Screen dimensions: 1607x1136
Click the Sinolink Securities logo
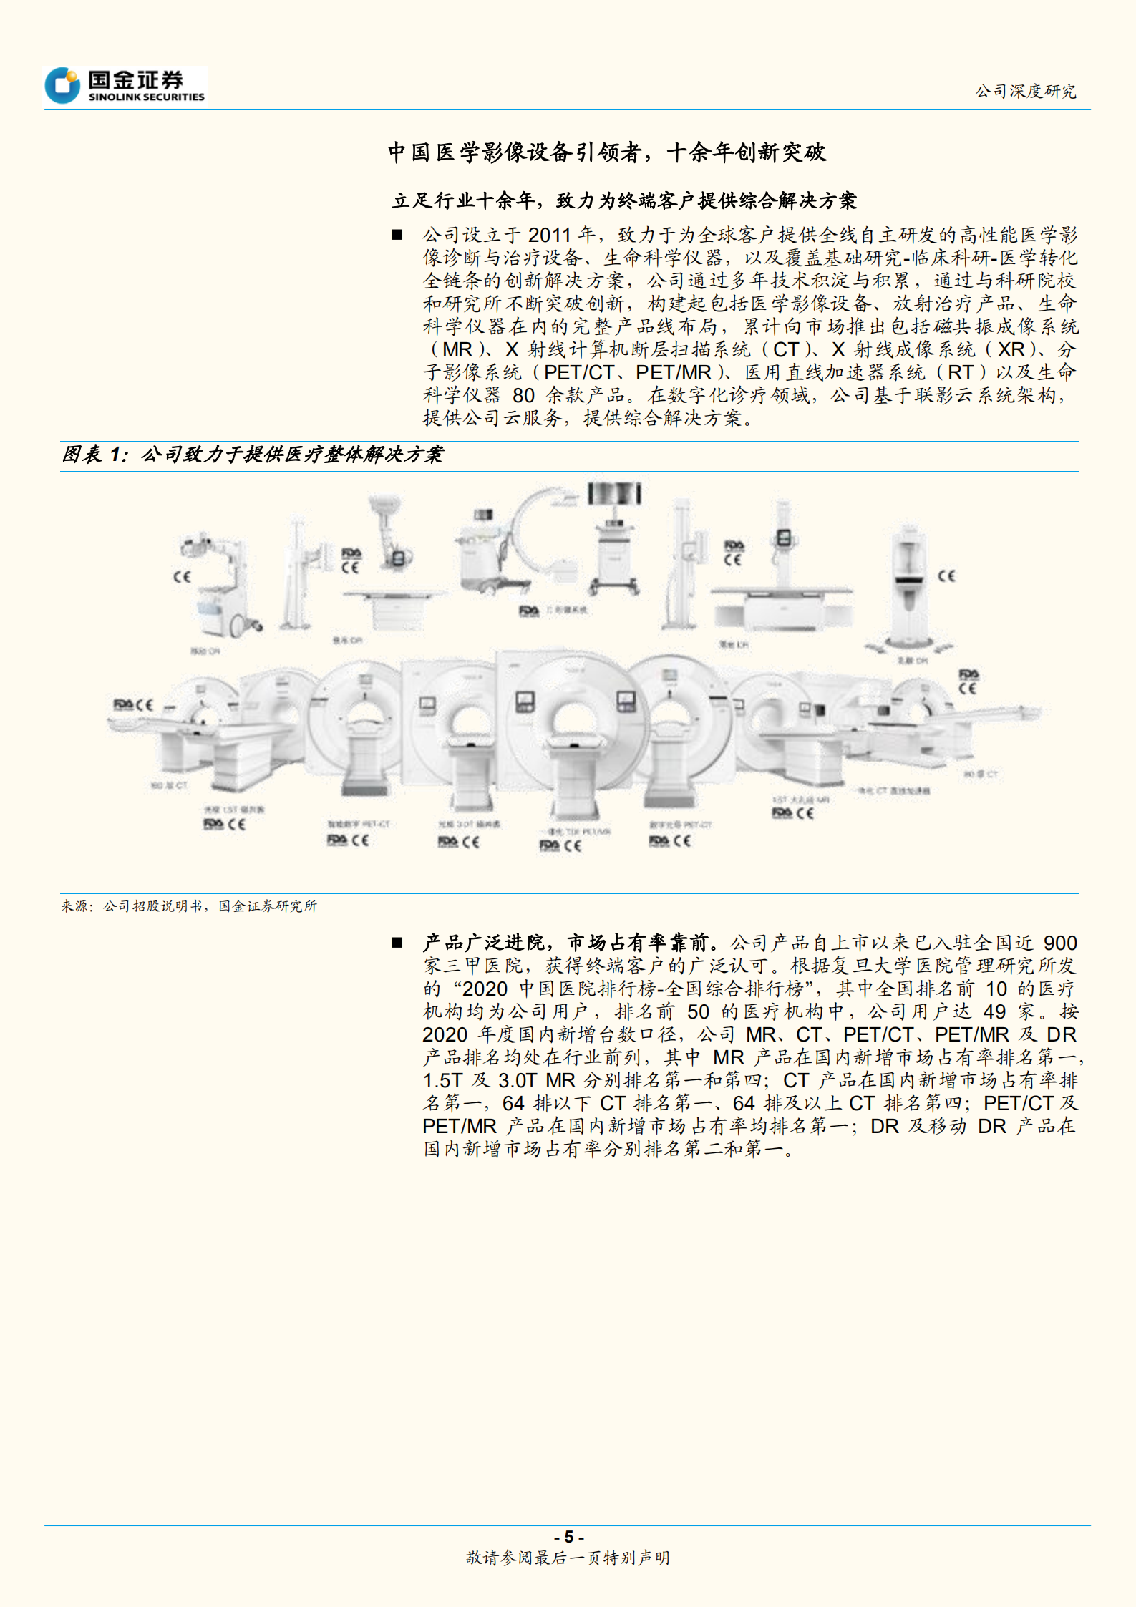click(x=125, y=85)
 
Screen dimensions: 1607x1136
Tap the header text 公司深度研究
click(x=1025, y=91)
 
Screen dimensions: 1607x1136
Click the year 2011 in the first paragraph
click(x=549, y=235)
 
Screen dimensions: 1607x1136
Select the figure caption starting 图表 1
click(x=252, y=455)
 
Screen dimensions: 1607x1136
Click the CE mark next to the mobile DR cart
click(x=182, y=576)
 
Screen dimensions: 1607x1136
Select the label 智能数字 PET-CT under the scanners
click(x=358, y=824)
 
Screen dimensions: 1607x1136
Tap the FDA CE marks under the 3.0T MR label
click(x=459, y=842)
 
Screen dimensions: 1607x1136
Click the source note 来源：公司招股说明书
click(x=189, y=906)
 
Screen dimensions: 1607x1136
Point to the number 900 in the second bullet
click(x=1060, y=943)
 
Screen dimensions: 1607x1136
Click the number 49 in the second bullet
click(x=994, y=1011)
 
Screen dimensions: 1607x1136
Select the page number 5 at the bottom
click(x=569, y=1537)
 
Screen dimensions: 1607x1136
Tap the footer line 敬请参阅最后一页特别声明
click(x=568, y=1558)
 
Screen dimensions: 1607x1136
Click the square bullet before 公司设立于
click(x=397, y=235)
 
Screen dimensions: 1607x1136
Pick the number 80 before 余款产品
click(x=523, y=395)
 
